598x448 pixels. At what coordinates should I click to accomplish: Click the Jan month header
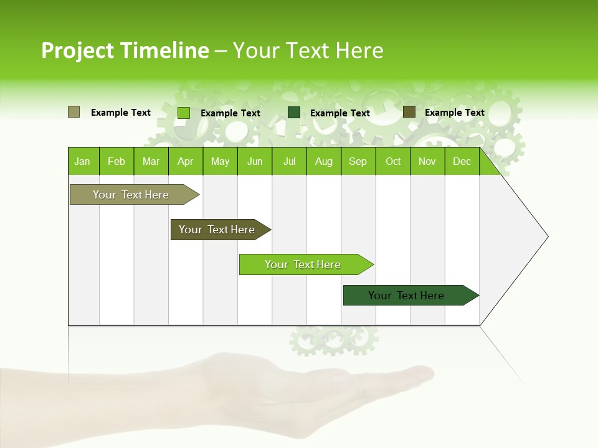click(x=82, y=162)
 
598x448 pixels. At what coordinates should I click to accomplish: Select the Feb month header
click(x=116, y=162)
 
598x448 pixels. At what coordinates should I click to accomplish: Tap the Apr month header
click(x=185, y=162)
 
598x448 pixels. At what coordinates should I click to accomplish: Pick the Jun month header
click(x=255, y=162)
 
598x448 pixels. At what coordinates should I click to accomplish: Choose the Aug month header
click(x=323, y=162)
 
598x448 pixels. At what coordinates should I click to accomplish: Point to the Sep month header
click(x=358, y=162)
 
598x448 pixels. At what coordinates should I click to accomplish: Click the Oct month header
click(x=393, y=162)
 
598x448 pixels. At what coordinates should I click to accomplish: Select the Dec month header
click(x=462, y=162)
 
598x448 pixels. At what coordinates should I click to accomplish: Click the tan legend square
click(x=74, y=112)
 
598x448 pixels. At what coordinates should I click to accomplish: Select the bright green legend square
click(x=184, y=113)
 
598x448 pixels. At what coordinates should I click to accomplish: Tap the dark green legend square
click(x=294, y=112)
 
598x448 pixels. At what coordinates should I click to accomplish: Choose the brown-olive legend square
click(x=409, y=112)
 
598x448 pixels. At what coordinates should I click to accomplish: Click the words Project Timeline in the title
click(x=125, y=50)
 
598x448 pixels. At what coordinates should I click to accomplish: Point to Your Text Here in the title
click(x=308, y=50)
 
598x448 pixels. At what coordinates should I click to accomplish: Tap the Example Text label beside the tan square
click(x=121, y=113)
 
